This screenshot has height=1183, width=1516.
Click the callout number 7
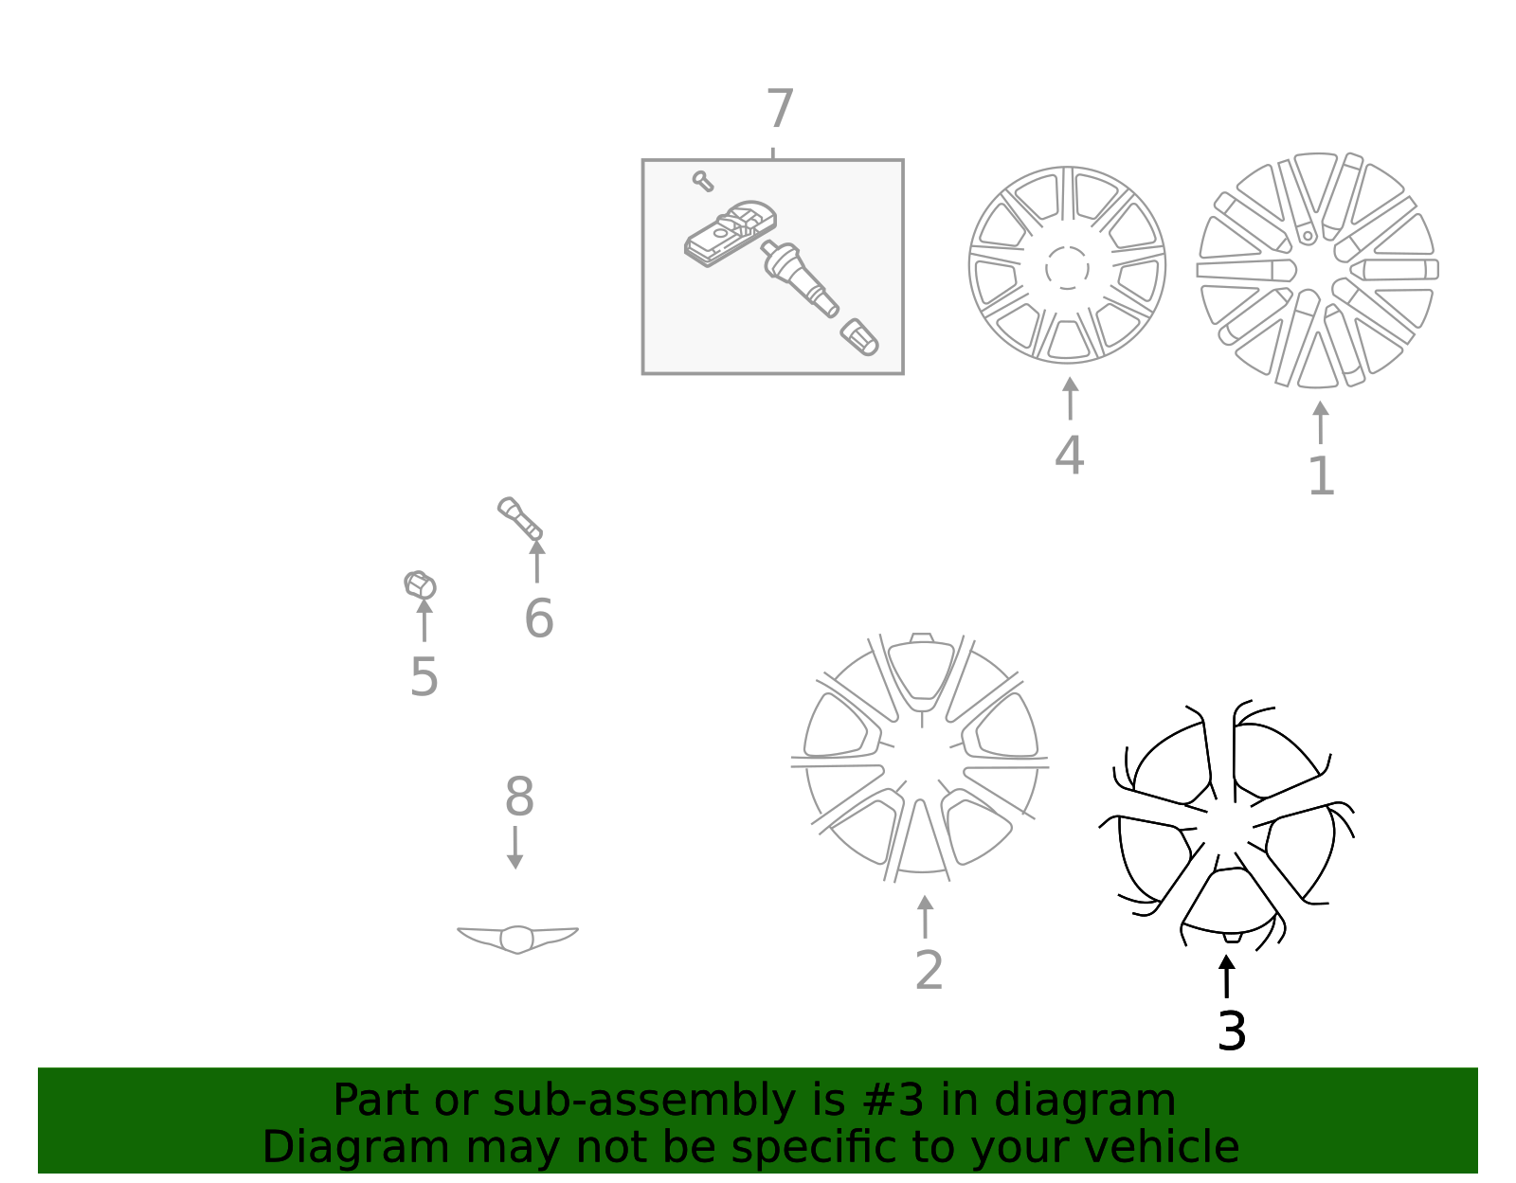(779, 110)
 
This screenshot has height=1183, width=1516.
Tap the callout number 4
(1069, 456)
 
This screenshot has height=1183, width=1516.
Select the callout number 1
(1321, 476)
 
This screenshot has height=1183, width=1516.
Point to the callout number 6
(538, 618)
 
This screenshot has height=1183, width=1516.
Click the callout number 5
(424, 677)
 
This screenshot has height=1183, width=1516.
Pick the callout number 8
(518, 797)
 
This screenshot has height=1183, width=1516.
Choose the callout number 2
(929, 971)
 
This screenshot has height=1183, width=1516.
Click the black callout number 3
(1231, 1031)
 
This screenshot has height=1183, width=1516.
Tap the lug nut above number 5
(420, 584)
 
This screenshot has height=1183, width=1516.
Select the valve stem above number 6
(519, 518)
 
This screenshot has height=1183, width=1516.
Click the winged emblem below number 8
(517, 938)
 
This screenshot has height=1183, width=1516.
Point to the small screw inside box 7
(702, 180)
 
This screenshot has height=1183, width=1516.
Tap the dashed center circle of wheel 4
(1067, 268)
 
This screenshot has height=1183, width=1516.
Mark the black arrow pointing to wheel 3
(1226, 976)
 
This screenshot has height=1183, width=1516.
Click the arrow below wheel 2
(925, 916)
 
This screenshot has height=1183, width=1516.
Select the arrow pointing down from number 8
(514, 848)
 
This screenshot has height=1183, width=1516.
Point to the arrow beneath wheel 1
(1320, 422)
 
